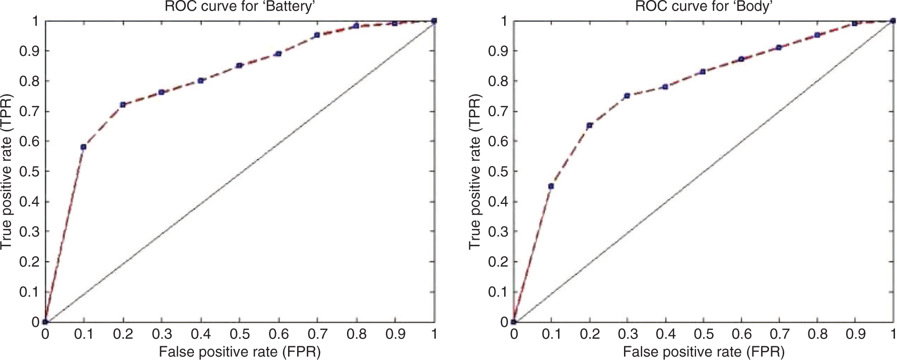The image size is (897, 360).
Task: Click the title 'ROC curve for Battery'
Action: [240, 7]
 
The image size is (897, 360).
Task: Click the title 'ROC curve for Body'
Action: [704, 7]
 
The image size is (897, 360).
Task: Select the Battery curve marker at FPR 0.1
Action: [84, 147]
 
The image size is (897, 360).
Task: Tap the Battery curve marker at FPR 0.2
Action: [122, 105]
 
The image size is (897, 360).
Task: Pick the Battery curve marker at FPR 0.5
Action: [239, 65]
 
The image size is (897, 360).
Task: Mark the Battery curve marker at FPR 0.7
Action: [317, 35]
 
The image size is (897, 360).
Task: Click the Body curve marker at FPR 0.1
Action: [551, 186]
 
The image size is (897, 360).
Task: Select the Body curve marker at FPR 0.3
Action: [627, 96]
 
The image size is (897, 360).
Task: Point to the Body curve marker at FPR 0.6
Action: [741, 59]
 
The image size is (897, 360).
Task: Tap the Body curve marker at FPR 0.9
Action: [855, 23]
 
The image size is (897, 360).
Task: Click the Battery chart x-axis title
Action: [240, 351]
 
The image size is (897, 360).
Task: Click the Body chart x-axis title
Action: [704, 351]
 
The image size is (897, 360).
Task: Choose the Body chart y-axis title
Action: [474, 171]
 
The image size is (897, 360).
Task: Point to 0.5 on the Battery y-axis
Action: [29, 171]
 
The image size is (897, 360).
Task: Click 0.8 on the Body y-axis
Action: [498, 81]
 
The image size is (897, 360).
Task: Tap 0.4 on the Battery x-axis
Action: [200, 334]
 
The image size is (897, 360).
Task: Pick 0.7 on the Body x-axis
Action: [779, 334]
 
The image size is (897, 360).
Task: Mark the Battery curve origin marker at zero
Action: [45, 322]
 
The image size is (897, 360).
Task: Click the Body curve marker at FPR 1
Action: [893, 21]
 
